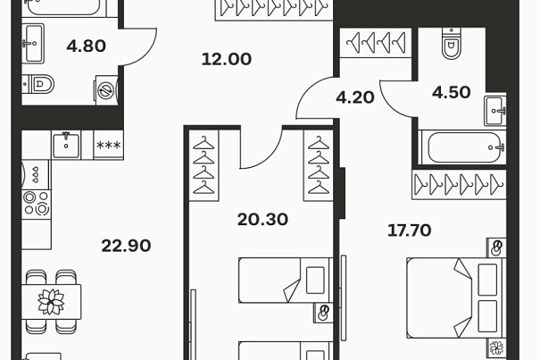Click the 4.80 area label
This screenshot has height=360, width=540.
86,46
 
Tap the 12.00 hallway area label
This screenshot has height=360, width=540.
226,59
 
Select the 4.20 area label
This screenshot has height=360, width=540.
355,97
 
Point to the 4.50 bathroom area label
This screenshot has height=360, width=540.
451,92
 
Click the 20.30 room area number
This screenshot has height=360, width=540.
262,220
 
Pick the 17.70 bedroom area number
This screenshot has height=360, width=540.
409,230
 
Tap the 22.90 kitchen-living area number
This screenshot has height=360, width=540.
126,246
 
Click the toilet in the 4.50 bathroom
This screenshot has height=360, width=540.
451,43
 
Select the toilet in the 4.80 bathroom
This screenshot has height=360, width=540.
38,84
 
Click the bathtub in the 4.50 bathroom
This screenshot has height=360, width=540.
462,147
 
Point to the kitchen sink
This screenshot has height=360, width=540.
66,145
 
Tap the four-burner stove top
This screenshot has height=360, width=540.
37,204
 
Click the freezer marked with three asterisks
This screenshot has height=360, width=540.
109,145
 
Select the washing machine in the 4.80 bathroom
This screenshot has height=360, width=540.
107,90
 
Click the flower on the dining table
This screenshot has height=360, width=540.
51,302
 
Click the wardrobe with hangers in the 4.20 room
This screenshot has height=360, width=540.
376,42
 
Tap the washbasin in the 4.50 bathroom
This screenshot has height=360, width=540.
495,111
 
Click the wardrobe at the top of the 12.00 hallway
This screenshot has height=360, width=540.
275,11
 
